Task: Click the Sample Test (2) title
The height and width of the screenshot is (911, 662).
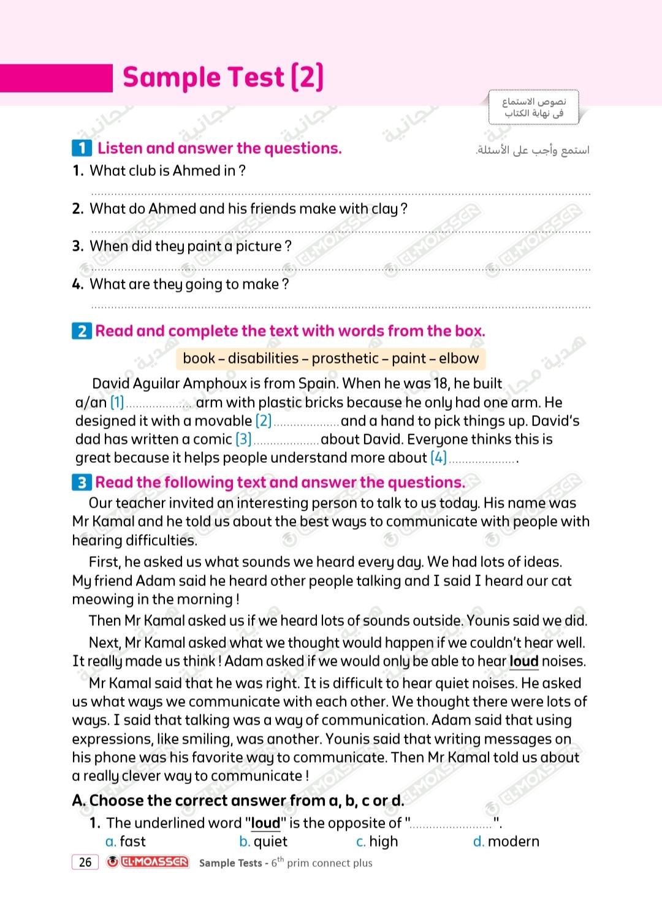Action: pyautogui.click(x=223, y=78)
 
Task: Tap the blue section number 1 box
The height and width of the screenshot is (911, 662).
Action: pyautogui.click(x=82, y=148)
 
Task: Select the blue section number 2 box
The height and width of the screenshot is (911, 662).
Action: pyautogui.click(x=82, y=332)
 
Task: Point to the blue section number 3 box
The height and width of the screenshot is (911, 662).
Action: pyautogui.click(x=82, y=483)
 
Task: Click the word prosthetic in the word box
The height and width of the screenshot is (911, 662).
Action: pyautogui.click(x=345, y=359)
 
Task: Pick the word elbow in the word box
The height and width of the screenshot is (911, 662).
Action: pyautogui.click(x=458, y=359)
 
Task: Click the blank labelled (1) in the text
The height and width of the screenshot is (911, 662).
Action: pyautogui.click(x=158, y=405)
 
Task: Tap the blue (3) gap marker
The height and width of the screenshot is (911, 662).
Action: pyautogui.click(x=243, y=440)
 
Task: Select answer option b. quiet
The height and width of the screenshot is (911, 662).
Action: pyautogui.click(x=263, y=842)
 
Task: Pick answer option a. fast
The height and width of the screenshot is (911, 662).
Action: pyautogui.click(x=126, y=842)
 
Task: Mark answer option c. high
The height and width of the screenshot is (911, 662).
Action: pyautogui.click(x=377, y=842)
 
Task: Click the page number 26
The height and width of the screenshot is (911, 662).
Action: pyautogui.click(x=85, y=862)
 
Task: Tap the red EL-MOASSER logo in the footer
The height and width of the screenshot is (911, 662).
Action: pyautogui.click(x=148, y=862)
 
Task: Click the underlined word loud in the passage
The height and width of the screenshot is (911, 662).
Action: pyautogui.click(x=523, y=661)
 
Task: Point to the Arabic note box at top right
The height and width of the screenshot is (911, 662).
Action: pyautogui.click(x=533, y=108)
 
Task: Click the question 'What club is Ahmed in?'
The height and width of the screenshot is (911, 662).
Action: pyautogui.click(x=167, y=171)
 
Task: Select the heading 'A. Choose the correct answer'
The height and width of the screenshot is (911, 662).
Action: pyautogui.click(x=238, y=801)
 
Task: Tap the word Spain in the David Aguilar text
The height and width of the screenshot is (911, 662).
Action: pyautogui.click(x=318, y=384)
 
